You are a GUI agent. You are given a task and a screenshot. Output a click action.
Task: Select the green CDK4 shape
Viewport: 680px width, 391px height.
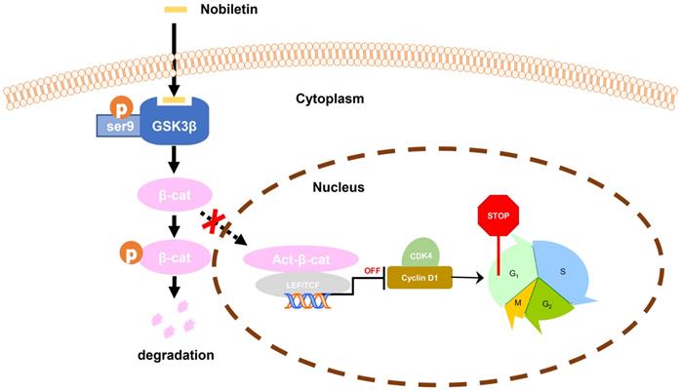coord(420,252)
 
